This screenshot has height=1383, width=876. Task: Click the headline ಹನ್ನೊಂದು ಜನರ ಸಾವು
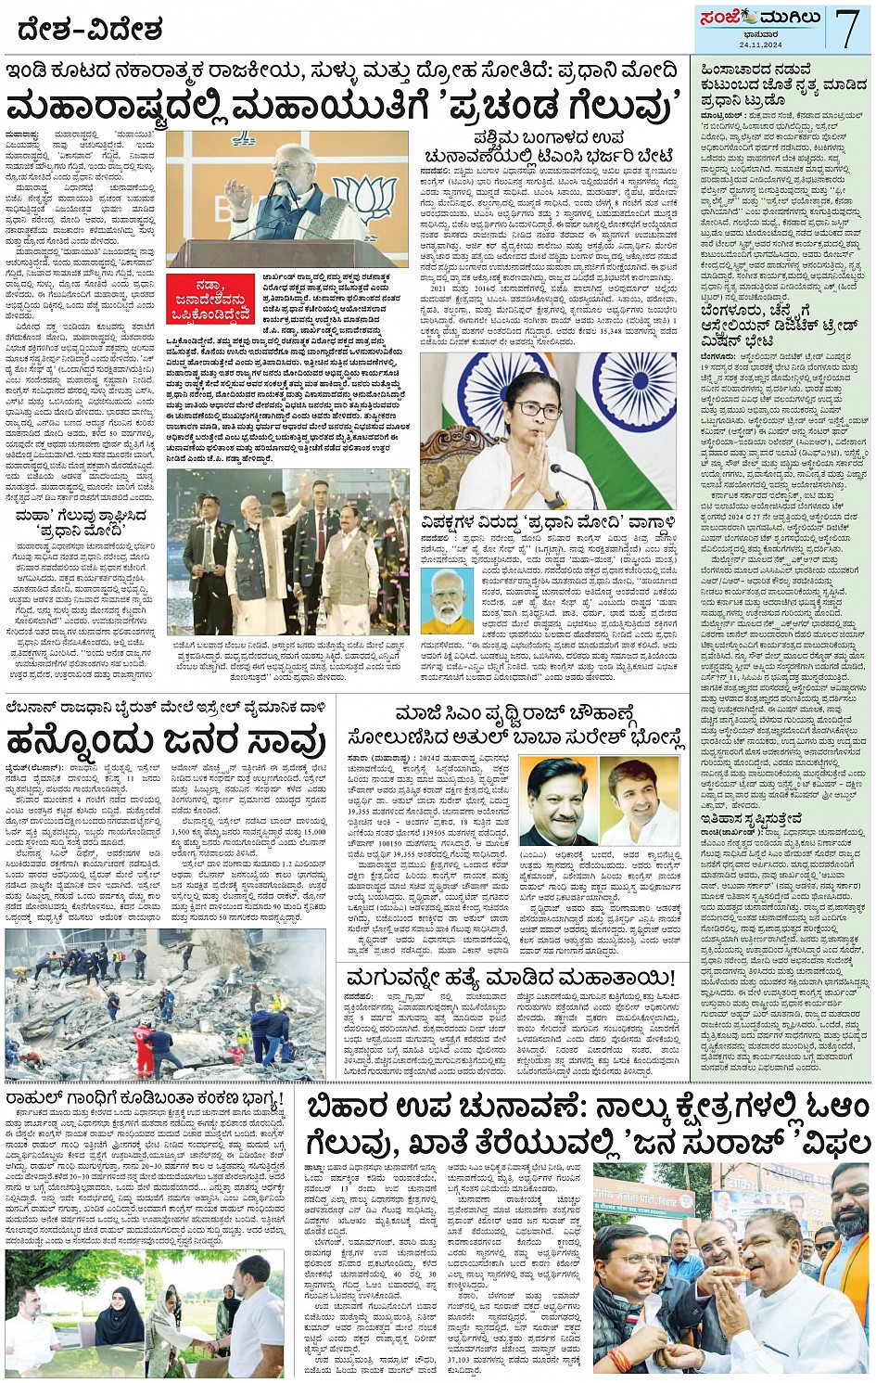[167, 741]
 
